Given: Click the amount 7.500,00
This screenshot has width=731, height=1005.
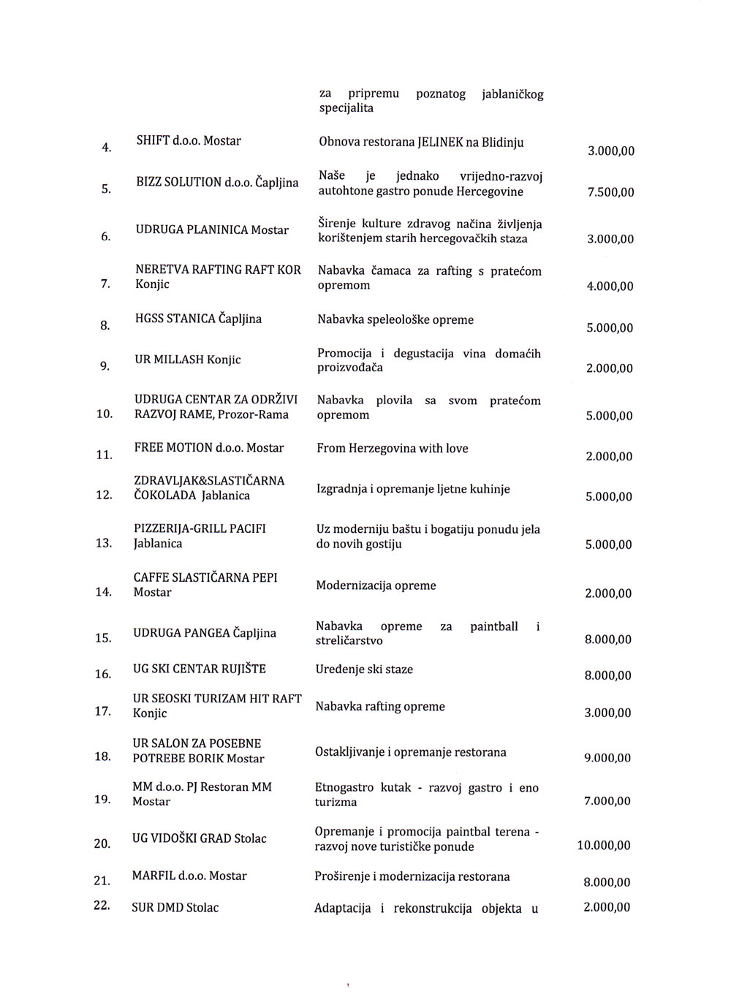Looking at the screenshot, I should point(610,193).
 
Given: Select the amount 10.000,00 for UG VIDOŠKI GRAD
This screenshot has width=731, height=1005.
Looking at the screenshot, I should point(604,846).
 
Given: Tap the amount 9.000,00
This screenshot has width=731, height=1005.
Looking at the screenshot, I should point(607,759).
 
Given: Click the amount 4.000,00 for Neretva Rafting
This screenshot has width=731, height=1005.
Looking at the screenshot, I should point(610,287).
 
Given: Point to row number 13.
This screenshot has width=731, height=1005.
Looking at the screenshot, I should point(103,543).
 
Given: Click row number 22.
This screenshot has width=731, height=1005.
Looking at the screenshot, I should point(102,906).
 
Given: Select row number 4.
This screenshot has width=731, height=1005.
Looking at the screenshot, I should point(107,148).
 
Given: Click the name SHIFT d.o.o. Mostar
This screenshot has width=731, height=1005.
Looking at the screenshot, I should point(189,140).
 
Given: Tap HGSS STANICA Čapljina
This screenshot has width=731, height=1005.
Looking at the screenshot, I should point(198,319).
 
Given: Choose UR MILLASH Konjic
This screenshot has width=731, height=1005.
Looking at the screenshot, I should point(188,360).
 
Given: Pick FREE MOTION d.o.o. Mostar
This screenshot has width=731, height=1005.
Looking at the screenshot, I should point(209,447).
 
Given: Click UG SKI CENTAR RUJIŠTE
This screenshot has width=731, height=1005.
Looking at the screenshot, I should point(199,669).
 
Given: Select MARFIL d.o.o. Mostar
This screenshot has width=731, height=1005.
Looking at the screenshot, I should point(189,876).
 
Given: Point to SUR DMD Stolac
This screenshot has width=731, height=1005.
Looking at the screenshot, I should point(175,908).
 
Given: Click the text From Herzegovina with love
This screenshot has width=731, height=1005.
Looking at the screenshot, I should point(393,448).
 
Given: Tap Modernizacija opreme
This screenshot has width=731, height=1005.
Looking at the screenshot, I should point(376,585).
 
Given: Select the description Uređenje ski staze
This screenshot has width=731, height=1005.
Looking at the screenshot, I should point(364,669).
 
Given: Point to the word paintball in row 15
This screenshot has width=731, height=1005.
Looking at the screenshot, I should point(494,626).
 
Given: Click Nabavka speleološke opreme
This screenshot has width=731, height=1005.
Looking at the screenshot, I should point(395,320).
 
